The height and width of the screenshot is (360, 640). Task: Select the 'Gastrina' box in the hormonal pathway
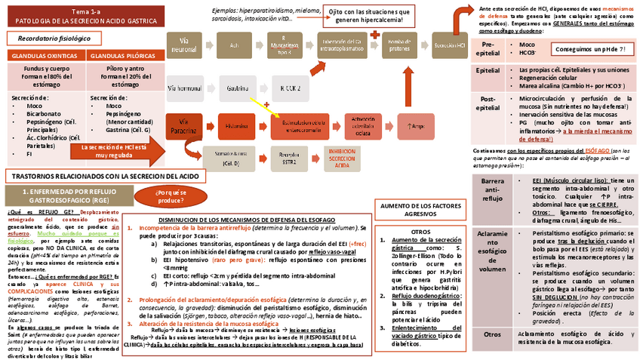point(238,88)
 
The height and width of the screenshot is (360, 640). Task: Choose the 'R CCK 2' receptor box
point(290,88)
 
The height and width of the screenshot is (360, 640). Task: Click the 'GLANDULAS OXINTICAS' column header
point(44,55)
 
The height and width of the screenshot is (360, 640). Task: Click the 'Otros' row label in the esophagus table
point(492,334)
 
